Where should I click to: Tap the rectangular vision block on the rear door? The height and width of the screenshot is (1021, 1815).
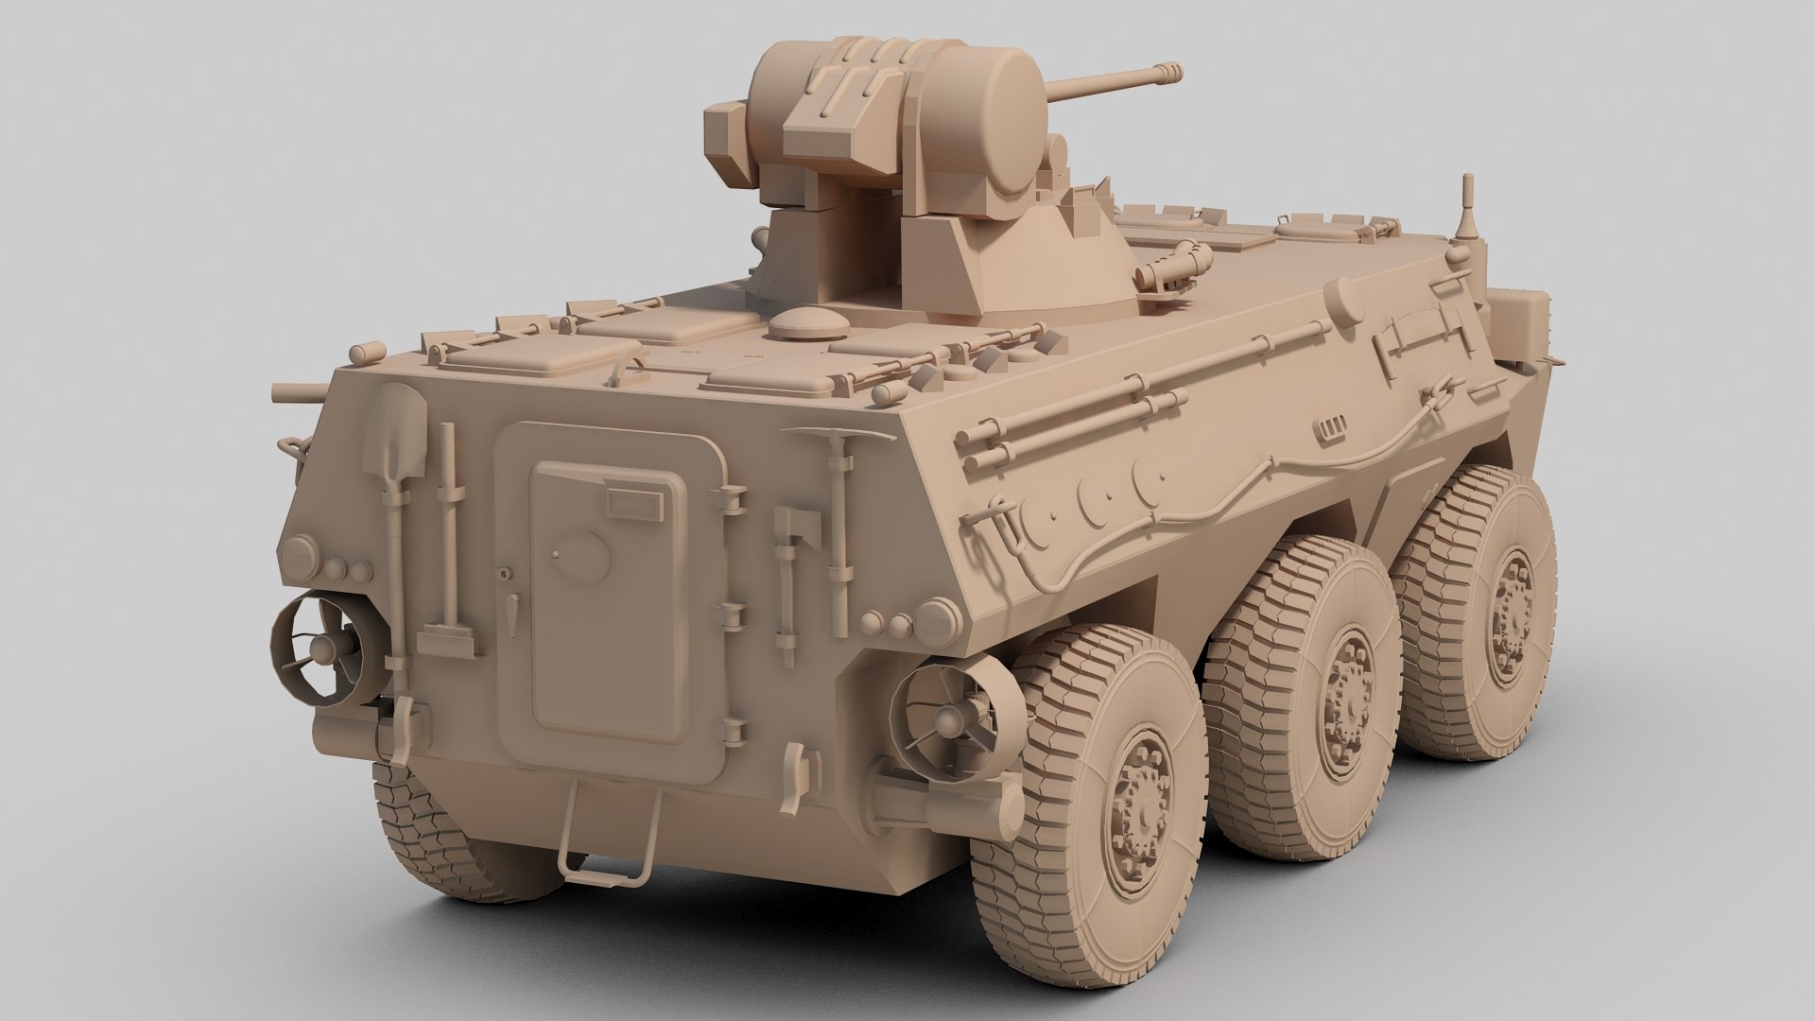tap(634, 503)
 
